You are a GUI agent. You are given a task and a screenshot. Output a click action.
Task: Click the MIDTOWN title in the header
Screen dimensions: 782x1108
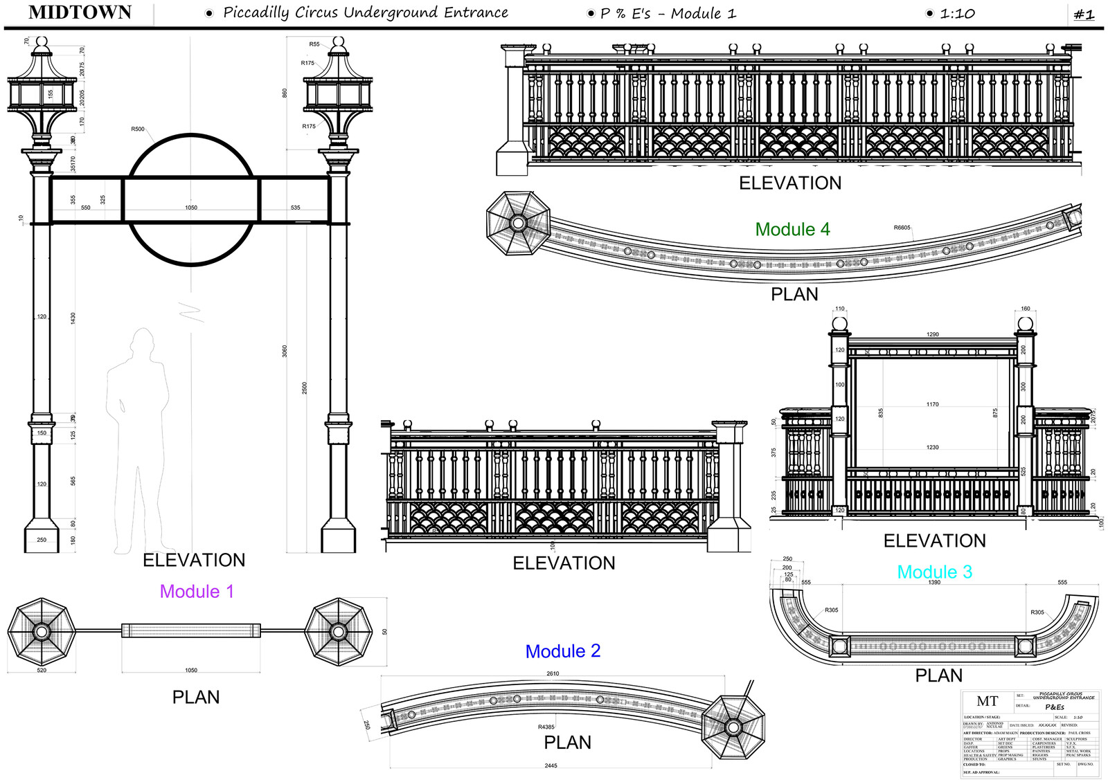[80, 12]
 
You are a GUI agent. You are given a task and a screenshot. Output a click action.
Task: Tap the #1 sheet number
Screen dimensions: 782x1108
[1084, 15]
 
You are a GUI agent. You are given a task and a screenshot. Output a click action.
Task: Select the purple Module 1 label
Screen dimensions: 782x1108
[197, 592]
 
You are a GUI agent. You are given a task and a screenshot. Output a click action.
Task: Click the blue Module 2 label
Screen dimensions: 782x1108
[562, 651]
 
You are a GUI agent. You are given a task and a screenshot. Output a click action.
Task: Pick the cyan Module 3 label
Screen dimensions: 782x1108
[934, 572]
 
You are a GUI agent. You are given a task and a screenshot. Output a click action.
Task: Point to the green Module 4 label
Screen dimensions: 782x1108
[792, 230]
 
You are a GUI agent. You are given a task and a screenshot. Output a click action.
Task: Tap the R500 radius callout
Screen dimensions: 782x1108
[138, 129]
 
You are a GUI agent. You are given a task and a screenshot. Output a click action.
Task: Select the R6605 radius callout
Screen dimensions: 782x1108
[902, 228]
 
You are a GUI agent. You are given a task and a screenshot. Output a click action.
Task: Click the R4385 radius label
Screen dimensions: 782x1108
[546, 727]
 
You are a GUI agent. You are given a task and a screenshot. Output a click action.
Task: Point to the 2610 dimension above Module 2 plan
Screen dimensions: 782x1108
[553, 673]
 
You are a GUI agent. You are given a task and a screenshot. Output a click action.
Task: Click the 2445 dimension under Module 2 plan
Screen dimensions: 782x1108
[551, 765]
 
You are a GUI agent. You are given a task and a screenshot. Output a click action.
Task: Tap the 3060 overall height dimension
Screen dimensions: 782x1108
[285, 351]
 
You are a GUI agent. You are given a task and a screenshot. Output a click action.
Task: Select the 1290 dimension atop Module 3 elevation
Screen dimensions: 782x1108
[933, 334]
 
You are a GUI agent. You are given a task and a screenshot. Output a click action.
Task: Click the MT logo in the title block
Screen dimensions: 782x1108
[987, 702]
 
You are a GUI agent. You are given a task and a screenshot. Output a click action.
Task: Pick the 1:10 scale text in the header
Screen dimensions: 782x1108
[957, 14]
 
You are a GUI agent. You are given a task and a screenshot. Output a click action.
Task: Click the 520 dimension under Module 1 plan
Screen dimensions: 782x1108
[42, 670]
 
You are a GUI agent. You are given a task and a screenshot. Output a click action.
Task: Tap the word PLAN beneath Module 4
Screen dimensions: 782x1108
[794, 295]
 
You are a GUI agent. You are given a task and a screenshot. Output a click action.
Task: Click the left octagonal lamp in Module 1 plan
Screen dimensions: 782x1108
[42, 632]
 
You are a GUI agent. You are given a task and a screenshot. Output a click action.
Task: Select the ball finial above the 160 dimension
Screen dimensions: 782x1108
[1025, 325]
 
